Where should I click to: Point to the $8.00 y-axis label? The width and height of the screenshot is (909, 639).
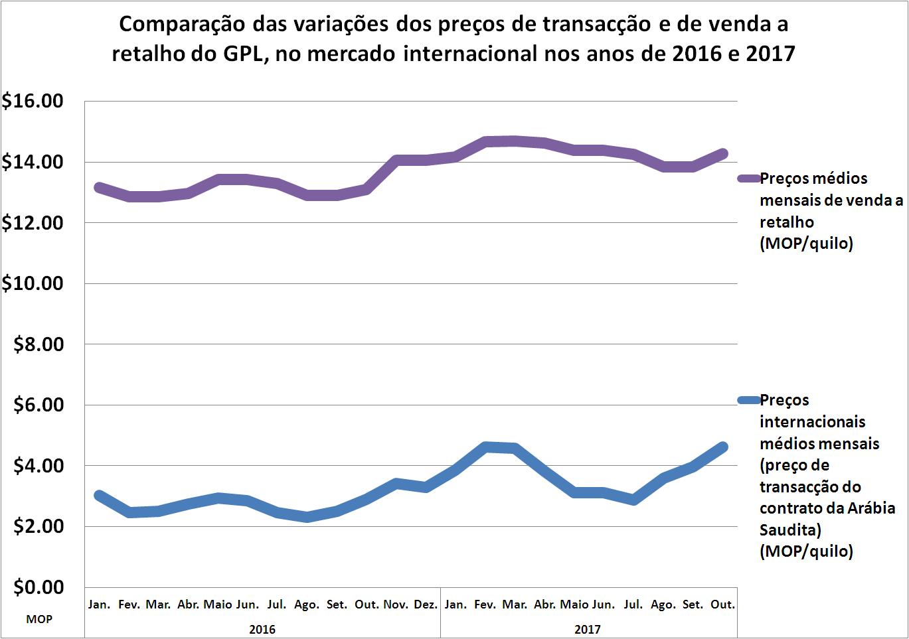click(x=39, y=344)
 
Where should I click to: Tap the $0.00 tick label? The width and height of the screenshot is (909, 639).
click(x=39, y=587)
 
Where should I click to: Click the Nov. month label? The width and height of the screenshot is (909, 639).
click(x=396, y=604)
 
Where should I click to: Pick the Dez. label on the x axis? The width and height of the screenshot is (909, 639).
click(x=426, y=604)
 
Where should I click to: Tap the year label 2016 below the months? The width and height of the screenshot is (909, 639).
click(x=262, y=628)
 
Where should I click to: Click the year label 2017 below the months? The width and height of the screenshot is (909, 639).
click(x=588, y=628)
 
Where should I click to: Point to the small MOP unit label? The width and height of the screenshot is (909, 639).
click(x=39, y=620)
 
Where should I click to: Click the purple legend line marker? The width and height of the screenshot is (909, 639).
click(x=748, y=178)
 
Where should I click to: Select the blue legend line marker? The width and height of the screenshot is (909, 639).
click(x=748, y=400)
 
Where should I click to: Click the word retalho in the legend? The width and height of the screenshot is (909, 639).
click(x=787, y=222)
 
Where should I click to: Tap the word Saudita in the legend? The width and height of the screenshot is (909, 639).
click(x=788, y=530)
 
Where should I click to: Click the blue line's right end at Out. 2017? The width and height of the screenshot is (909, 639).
click(x=722, y=447)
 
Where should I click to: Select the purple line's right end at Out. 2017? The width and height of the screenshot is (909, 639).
click(x=722, y=154)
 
